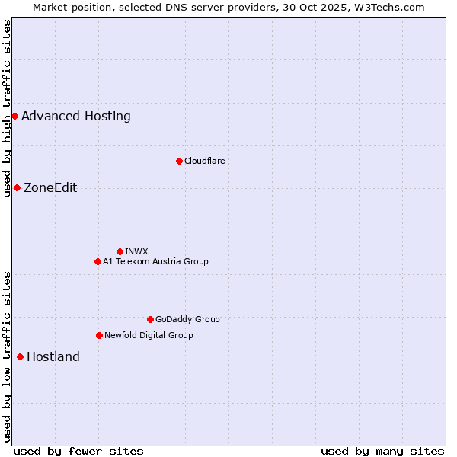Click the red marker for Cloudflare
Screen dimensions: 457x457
(x=179, y=161)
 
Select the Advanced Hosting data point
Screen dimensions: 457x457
(x=14, y=116)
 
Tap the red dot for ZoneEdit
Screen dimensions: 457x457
(x=17, y=187)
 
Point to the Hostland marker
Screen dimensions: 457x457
(x=20, y=356)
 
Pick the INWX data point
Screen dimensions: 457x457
(x=120, y=251)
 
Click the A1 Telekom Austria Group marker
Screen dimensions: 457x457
(x=97, y=261)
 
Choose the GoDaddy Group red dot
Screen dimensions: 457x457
(x=150, y=319)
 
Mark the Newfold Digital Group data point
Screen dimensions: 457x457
(x=99, y=335)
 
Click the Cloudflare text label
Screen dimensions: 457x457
(x=204, y=161)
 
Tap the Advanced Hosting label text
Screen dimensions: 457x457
(x=76, y=117)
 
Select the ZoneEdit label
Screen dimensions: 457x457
(x=50, y=188)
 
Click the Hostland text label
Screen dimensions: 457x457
(x=53, y=357)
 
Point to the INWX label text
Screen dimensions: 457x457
(x=136, y=251)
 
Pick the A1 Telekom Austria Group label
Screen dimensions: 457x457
(x=155, y=261)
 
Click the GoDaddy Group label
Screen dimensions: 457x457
(x=187, y=319)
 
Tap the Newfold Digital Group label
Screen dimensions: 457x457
(x=149, y=335)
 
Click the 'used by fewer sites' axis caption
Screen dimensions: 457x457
(x=78, y=451)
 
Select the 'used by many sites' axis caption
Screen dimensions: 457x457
(x=382, y=451)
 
